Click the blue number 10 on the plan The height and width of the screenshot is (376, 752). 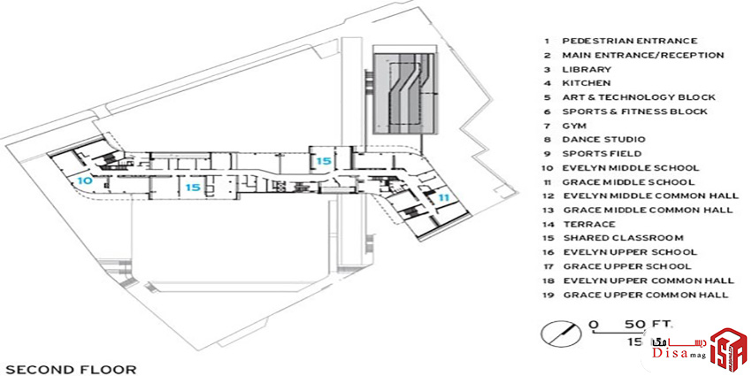84,180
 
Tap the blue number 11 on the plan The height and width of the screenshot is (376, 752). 442,196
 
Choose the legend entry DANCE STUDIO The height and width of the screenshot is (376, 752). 603,140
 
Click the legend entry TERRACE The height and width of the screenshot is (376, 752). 589,224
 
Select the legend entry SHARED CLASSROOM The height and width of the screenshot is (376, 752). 623,238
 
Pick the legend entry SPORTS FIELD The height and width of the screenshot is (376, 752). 602,154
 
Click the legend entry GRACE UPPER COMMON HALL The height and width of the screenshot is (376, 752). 646,295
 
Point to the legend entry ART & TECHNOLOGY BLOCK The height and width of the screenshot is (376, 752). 639,97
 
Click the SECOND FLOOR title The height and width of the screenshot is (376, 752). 71,369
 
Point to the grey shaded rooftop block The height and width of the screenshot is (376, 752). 404,92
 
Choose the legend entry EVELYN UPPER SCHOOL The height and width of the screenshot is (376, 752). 630,252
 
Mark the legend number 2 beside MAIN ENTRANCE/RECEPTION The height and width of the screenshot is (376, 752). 548,56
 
